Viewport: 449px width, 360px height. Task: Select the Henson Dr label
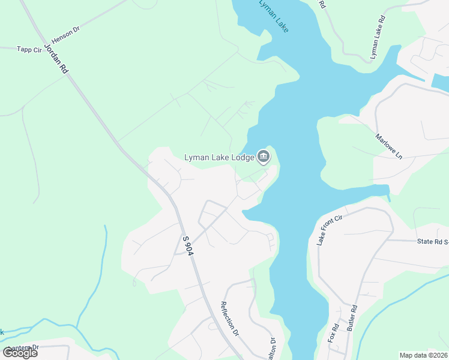point(65,34)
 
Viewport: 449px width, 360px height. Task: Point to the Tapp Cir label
point(28,49)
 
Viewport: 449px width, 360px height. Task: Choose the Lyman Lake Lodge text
point(218,158)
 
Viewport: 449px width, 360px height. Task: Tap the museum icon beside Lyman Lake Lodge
point(263,157)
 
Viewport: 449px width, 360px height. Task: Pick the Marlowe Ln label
point(388,146)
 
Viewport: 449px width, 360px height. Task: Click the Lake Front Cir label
point(328,229)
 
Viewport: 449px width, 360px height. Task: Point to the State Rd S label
point(433,241)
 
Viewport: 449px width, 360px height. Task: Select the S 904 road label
point(188,246)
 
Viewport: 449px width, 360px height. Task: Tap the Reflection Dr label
point(230,318)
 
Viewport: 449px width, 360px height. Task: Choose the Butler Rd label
point(352,319)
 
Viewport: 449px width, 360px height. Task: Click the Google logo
point(20,353)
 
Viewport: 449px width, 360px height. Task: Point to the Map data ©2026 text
point(423,355)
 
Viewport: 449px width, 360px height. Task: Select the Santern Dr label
point(24,347)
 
